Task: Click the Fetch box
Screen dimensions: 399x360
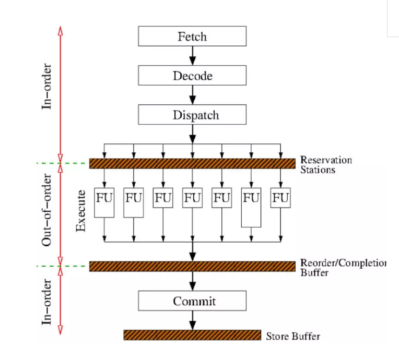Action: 192,36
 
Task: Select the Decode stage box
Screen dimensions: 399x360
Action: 192,75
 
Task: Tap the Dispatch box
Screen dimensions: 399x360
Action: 192,114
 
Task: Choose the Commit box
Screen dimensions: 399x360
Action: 192,301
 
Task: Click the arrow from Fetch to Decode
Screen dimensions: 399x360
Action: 193,56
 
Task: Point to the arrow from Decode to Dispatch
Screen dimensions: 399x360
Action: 193,95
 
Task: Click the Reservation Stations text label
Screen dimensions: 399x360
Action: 326,165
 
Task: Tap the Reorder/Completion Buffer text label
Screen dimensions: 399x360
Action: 343,268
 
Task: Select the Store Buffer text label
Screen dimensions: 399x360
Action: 293,336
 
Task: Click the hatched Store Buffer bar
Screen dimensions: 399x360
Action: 192,335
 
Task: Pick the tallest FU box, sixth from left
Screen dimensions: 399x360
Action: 251,208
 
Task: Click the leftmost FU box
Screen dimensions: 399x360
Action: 104,202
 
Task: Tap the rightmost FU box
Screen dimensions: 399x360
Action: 280,198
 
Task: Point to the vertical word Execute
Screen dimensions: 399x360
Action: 81,211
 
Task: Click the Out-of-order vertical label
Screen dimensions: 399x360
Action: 46,210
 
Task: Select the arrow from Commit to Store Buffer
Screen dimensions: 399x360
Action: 193,320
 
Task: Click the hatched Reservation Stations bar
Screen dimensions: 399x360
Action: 192,163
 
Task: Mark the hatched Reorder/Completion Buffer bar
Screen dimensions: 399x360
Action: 192,266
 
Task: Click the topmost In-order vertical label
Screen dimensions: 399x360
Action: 46,87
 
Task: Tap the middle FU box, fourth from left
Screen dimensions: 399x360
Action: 192,198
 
